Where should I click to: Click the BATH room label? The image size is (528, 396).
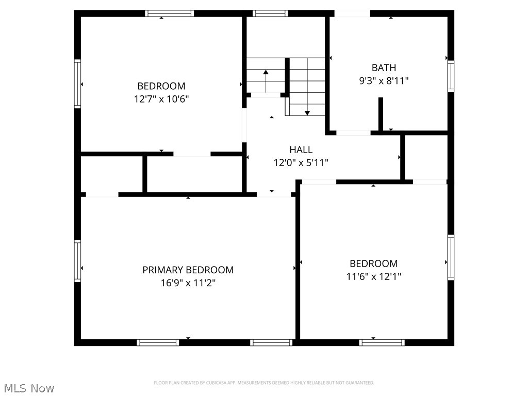[384, 68]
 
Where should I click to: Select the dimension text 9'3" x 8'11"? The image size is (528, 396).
[384, 80]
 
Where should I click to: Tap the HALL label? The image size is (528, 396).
[301, 150]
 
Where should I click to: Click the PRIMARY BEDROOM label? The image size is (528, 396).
[188, 270]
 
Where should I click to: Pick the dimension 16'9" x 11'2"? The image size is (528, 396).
[188, 283]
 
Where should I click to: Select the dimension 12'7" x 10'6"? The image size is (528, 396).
[161, 99]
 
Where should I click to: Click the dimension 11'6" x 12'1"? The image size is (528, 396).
[373, 276]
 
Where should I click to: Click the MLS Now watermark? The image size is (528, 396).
[28, 388]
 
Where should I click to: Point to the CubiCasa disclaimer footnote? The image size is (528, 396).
[264, 383]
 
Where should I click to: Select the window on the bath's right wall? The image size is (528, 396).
[451, 76]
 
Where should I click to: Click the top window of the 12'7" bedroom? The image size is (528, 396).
[169, 13]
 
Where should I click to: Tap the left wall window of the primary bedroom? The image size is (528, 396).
[78, 260]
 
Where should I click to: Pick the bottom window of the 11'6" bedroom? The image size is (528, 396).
[382, 342]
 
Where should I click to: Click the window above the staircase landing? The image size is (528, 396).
[270, 13]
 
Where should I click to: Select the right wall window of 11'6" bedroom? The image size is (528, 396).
[451, 257]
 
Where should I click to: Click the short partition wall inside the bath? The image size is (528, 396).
[381, 113]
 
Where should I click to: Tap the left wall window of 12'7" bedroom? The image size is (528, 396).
[78, 83]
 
